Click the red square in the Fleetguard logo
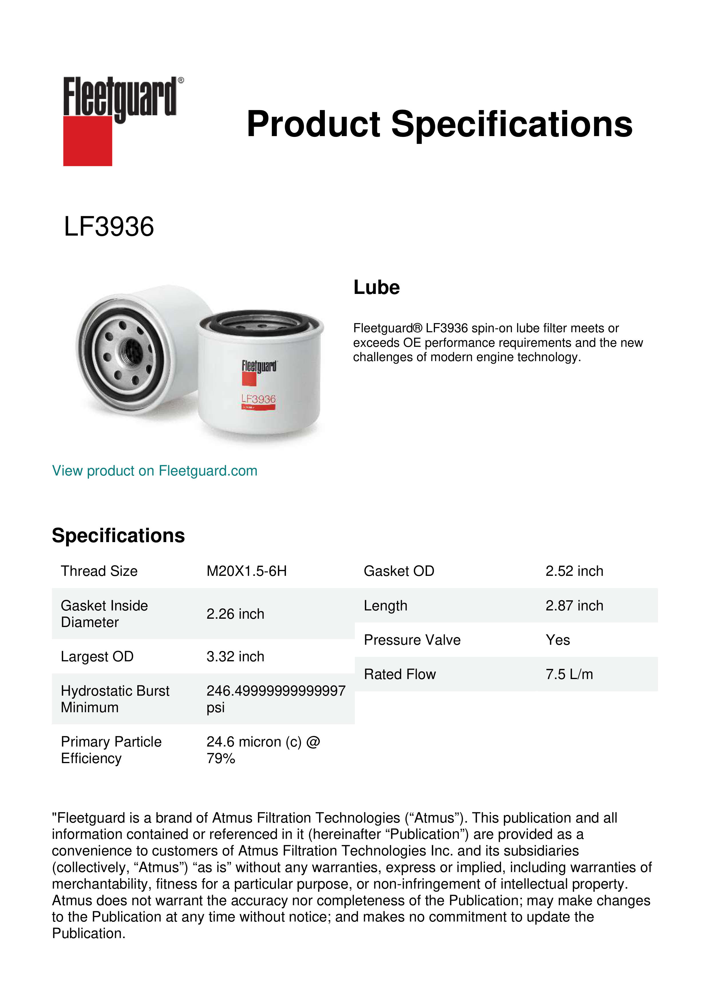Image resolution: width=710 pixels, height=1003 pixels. point(88,141)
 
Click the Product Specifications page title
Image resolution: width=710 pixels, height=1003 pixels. point(439,124)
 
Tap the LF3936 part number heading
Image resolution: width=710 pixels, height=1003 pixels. point(109,227)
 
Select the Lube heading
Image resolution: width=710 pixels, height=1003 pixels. point(376,287)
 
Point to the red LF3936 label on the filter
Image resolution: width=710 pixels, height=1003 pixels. point(258,399)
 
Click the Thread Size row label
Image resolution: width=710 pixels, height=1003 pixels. point(99,571)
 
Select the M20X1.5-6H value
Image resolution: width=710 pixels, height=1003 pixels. point(247,571)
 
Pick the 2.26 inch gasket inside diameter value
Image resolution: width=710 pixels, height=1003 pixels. point(235,614)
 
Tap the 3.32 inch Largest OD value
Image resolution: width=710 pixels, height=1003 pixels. point(235,656)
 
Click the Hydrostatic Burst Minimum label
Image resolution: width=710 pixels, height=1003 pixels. point(115,699)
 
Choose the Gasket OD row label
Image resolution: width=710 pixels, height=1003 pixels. point(399,571)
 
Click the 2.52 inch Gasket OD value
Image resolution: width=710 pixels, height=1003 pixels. point(574,571)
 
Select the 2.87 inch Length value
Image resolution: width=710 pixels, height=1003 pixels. point(574,606)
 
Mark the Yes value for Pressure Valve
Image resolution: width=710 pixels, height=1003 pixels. point(557,640)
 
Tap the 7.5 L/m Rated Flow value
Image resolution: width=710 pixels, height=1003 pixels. point(569,674)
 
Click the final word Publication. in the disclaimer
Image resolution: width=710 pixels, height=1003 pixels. point(89,934)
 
